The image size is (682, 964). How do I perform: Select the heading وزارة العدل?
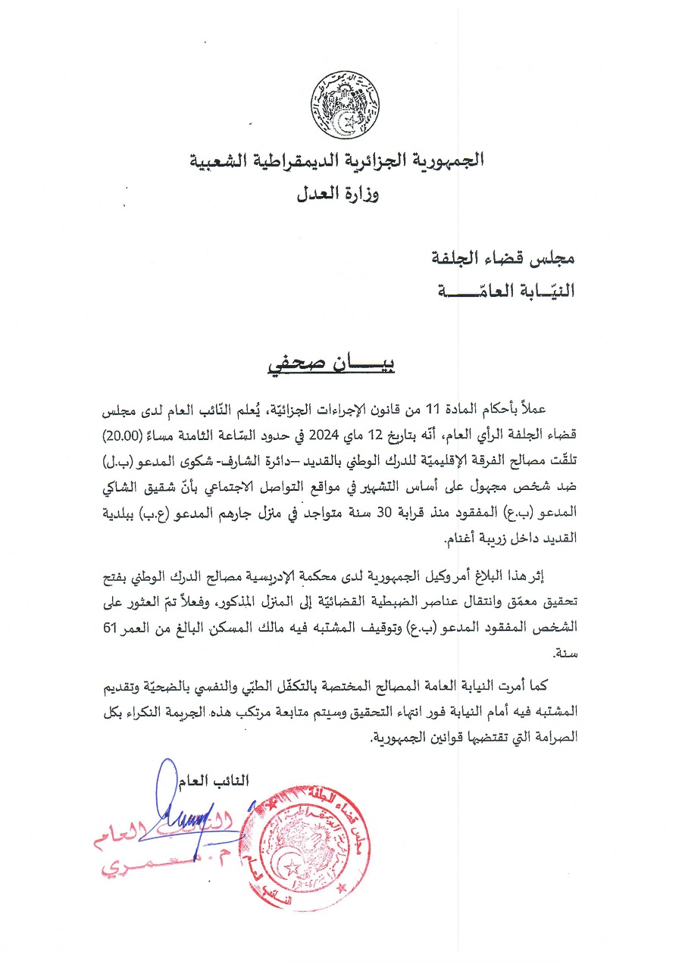coord(338,194)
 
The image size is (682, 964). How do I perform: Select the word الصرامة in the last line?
coord(555,737)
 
